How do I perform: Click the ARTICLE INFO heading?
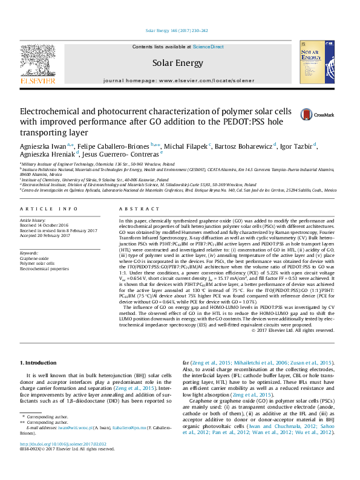(49, 209)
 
